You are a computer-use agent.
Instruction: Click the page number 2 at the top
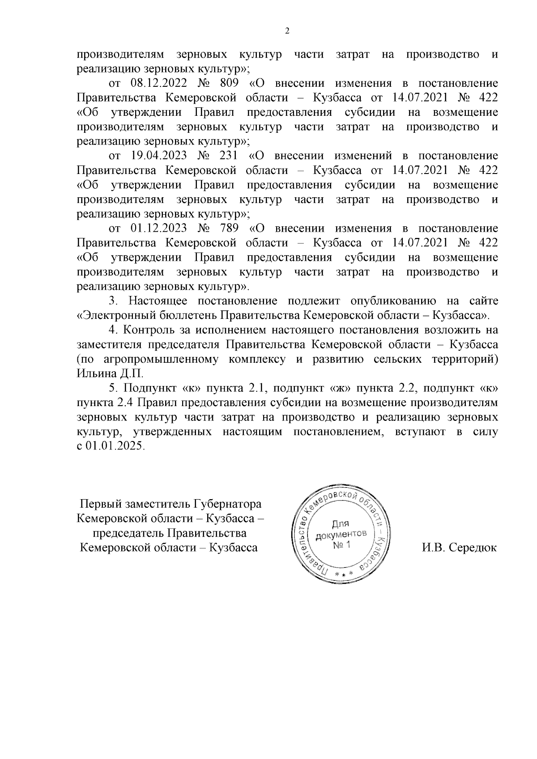click(x=287, y=31)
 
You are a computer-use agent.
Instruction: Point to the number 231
click(x=229, y=156)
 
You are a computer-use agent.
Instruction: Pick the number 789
click(x=229, y=228)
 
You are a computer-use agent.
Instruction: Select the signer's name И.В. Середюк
click(x=459, y=547)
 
